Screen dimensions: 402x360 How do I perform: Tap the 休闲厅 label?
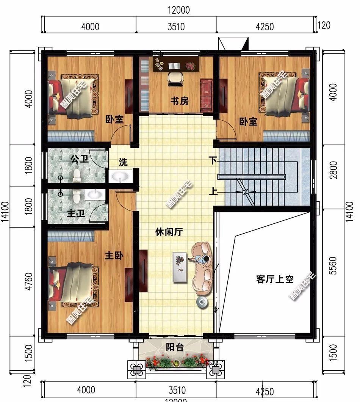[x=169, y=232]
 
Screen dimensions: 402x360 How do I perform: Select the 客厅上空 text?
[x=275, y=280]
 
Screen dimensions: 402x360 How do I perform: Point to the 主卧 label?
[x=114, y=256]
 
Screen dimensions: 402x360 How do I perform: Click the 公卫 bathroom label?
[x=79, y=159]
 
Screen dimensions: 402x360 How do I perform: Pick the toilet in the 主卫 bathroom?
[x=77, y=196]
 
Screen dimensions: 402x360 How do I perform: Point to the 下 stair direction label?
[x=213, y=160]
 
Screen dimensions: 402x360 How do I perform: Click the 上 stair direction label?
[x=213, y=192]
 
